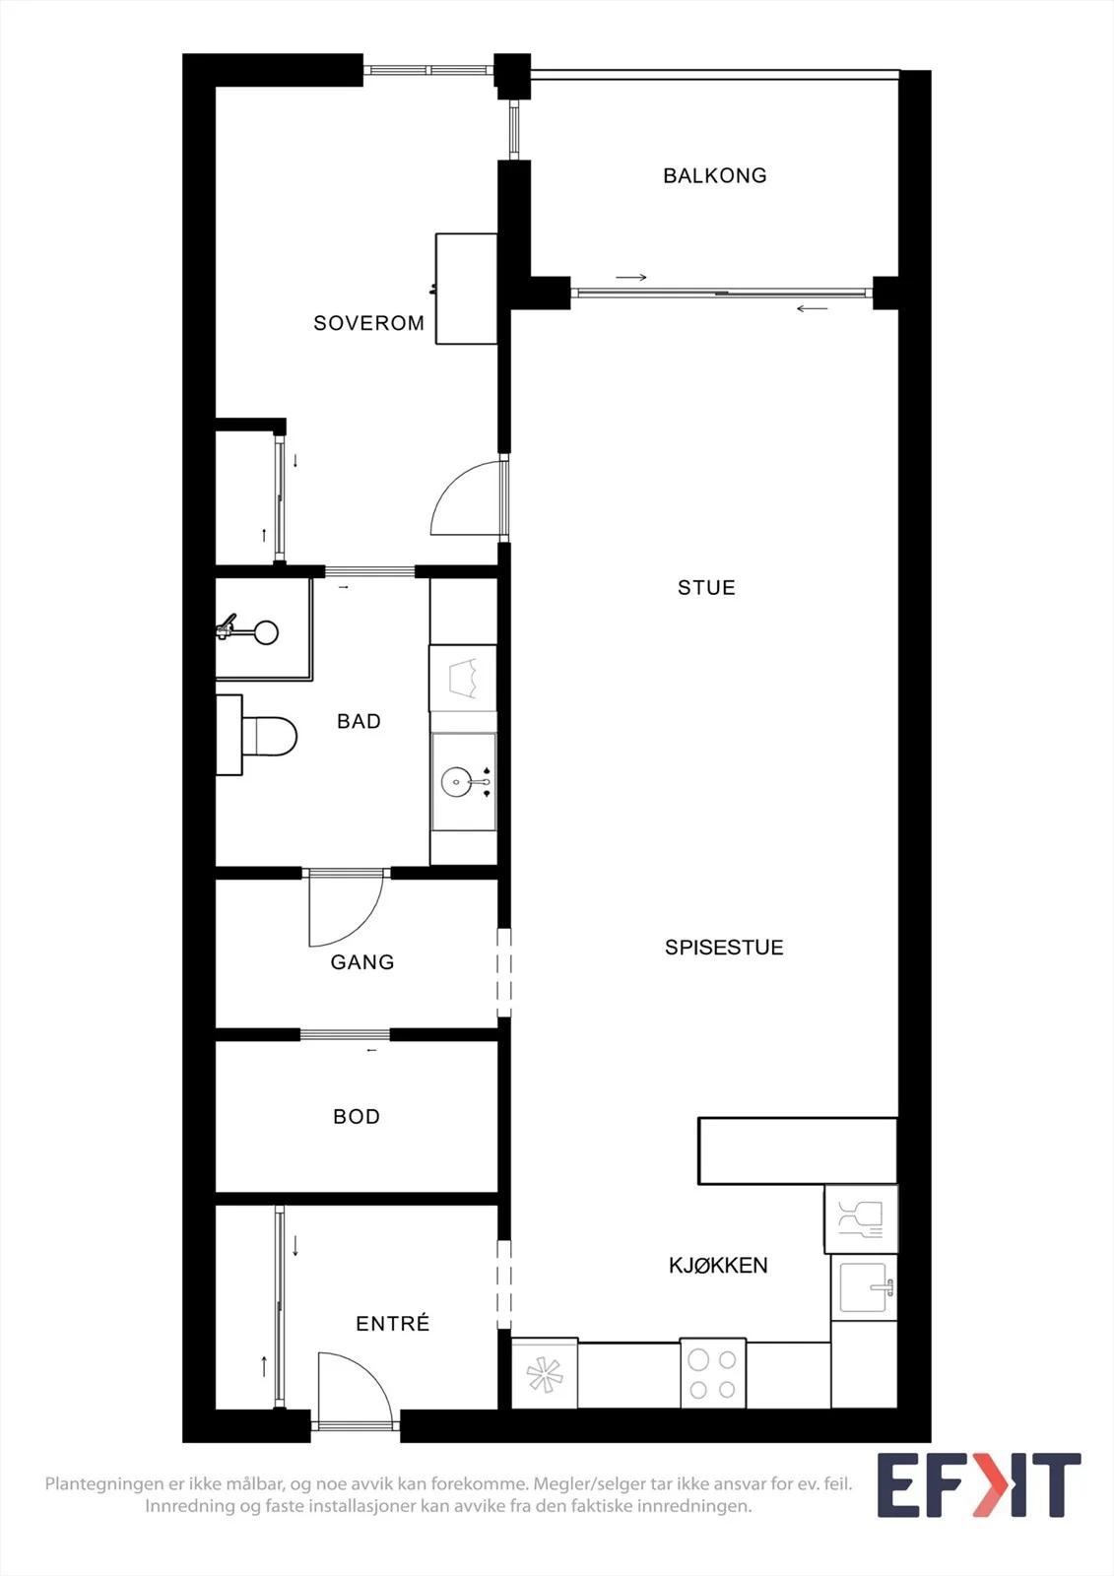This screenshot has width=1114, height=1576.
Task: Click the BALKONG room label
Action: click(715, 175)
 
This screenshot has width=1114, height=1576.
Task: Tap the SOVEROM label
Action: click(368, 323)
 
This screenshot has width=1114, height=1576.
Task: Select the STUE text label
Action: click(706, 587)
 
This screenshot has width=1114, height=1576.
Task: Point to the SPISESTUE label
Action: click(724, 947)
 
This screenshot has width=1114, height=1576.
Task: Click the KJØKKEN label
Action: click(718, 1266)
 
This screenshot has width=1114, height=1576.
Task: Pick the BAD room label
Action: click(359, 721)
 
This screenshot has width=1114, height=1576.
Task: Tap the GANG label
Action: click(362, 961)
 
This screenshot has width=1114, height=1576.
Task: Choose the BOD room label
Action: click(357, 1117)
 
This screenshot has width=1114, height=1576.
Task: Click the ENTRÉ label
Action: click(393, 1324)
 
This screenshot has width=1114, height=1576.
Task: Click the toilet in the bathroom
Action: click(257, 735)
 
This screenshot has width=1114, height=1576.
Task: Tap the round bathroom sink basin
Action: click(457, 782)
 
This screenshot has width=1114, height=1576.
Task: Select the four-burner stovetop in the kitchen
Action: click(713, 1373)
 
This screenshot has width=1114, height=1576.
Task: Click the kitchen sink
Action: click(864, 1287)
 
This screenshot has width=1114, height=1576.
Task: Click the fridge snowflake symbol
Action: click(546, 1375)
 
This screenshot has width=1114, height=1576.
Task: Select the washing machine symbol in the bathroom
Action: click(464, 679)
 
